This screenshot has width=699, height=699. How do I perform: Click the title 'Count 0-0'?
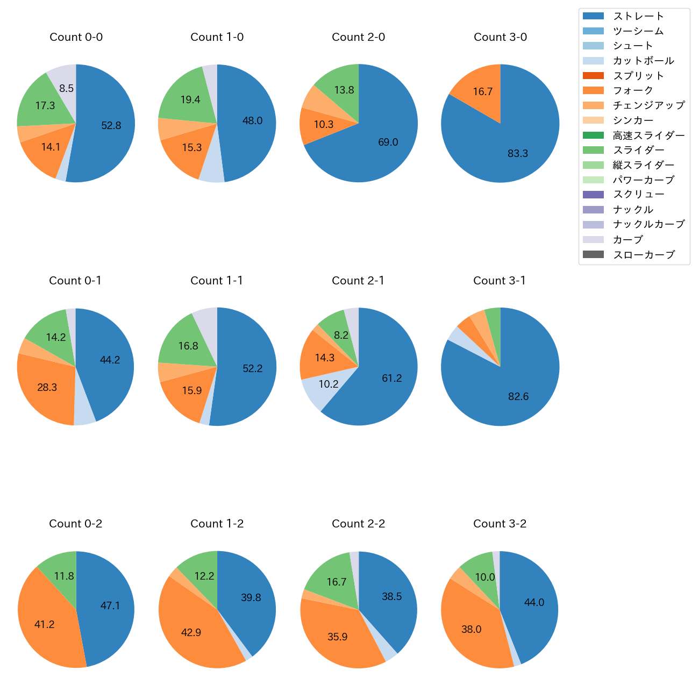tap(76, 37)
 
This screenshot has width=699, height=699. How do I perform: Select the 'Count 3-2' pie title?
tap(500, 524)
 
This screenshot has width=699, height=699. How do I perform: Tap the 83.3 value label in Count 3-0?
tap(518, 154)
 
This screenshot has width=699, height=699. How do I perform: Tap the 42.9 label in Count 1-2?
tap(191, 633)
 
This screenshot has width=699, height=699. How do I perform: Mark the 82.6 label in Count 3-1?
tap(518, 397)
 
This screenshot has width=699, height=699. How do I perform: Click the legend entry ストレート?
tap(638, 16)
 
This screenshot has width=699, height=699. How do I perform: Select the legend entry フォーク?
tap(633, 90)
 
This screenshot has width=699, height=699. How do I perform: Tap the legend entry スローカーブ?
tap(644, 255)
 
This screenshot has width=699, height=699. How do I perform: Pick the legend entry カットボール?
tap(643, 61)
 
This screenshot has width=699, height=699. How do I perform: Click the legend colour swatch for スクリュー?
tap(593, 195)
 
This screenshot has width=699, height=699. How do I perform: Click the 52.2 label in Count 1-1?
tap(252, 369)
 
